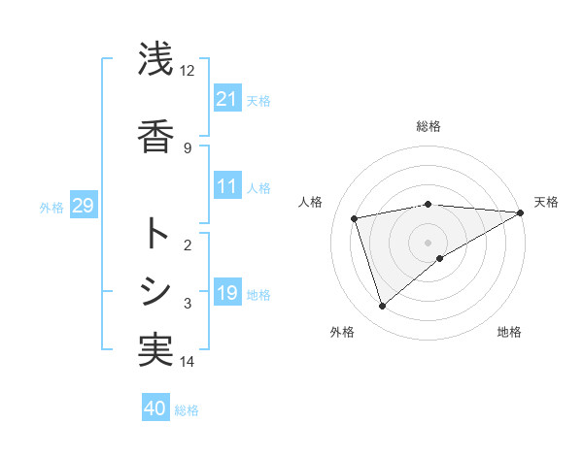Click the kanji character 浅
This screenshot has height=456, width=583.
(x=155, y=60)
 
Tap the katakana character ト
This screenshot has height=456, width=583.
(x=155, y=234)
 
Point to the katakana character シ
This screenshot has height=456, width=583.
(x=155, y=290)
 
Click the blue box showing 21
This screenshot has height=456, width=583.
(x=227, y=99)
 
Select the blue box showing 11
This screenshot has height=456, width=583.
(x=227, y=186)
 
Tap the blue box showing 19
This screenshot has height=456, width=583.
(x=227, y=293)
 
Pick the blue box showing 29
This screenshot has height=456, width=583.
(x=83, y=206)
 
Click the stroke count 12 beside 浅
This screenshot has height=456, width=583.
(x=187, y=70)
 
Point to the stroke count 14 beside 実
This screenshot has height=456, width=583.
(x=187, y=362)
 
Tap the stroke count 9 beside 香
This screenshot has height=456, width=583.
(x=187, y=147)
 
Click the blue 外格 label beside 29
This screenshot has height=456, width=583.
(x=51, y=207)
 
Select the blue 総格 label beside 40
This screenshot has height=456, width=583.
(x=188, y=409)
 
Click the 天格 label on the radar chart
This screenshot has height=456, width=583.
(x=546, y=202)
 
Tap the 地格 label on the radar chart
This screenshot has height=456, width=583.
(x=509, y=332)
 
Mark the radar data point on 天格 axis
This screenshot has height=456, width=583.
(x=522, y=212)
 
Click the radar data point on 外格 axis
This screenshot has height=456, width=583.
(x=382, y=307)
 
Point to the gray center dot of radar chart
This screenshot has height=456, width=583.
(x=428, y=242)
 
